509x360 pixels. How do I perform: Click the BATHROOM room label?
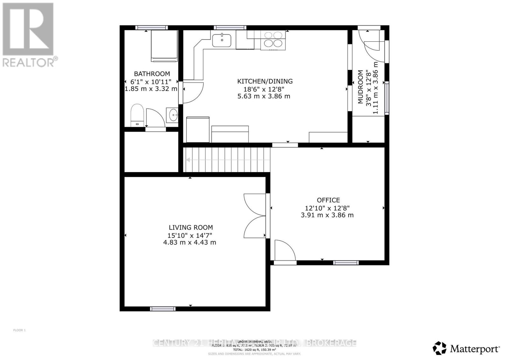pos(152,74)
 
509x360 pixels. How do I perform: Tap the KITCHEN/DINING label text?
pos(265,81)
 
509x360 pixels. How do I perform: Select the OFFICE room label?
pos(328,200)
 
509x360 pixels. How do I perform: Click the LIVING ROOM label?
pos(191,227)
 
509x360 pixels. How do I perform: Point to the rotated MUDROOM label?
pos(360,87)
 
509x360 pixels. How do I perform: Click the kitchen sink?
pos(222,40)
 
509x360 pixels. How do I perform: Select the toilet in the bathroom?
pos(137,114)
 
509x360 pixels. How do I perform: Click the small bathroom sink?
pos(173,114)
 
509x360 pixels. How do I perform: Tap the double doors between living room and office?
pos(255,216)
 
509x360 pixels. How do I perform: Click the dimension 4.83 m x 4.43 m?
pos(190,242)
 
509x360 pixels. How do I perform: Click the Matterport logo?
pos(466,349)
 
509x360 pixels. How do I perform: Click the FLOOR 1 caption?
pos(19,330)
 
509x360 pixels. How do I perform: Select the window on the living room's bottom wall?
pos(163,308)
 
